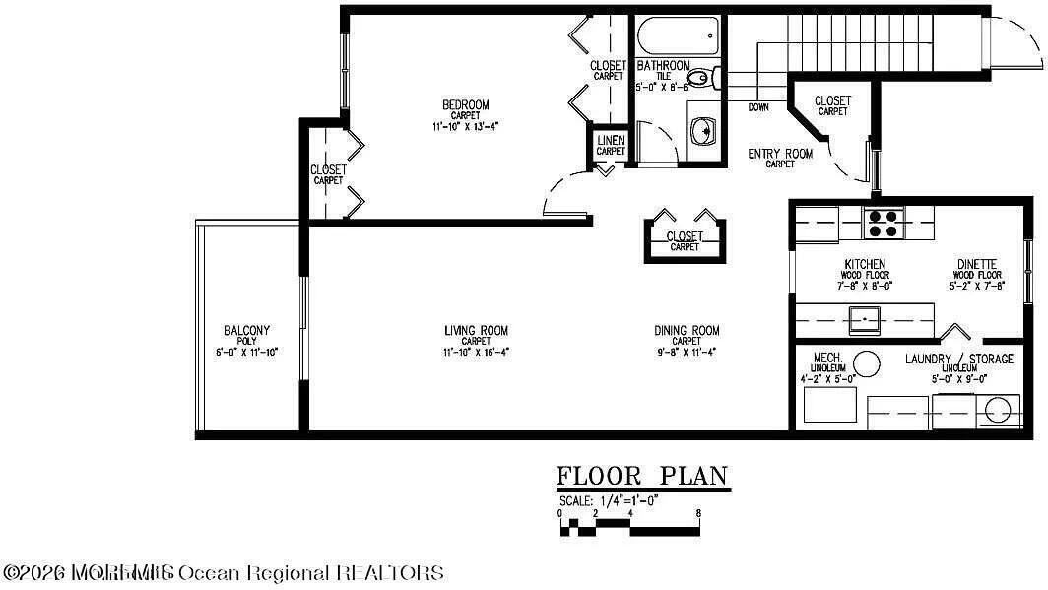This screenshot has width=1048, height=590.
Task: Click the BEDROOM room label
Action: tap(465, 105)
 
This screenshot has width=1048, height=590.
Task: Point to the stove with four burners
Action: tap(884, 224)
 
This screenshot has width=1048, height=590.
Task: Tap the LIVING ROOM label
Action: tap(476, 331)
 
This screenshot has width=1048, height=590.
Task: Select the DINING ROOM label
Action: tap(687, 331)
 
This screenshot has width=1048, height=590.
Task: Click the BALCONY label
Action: tap(246, 331)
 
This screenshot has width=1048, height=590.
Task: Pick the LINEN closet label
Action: tap(611, 141)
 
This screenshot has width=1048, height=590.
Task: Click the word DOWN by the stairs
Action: tap(758, 107)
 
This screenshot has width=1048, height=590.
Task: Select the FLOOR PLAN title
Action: tap(642, 477)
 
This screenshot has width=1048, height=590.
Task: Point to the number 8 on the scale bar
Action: tap(698, 513)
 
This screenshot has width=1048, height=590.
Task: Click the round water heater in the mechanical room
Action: tap(867, 364)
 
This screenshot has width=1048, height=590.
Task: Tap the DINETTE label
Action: tap(980, 264)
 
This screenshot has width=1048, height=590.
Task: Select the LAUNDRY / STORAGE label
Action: tap(958, 359)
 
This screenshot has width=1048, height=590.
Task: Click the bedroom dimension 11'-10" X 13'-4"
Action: tap(465, 126)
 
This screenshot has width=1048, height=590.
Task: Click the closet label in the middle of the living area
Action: tap(685, 236)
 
